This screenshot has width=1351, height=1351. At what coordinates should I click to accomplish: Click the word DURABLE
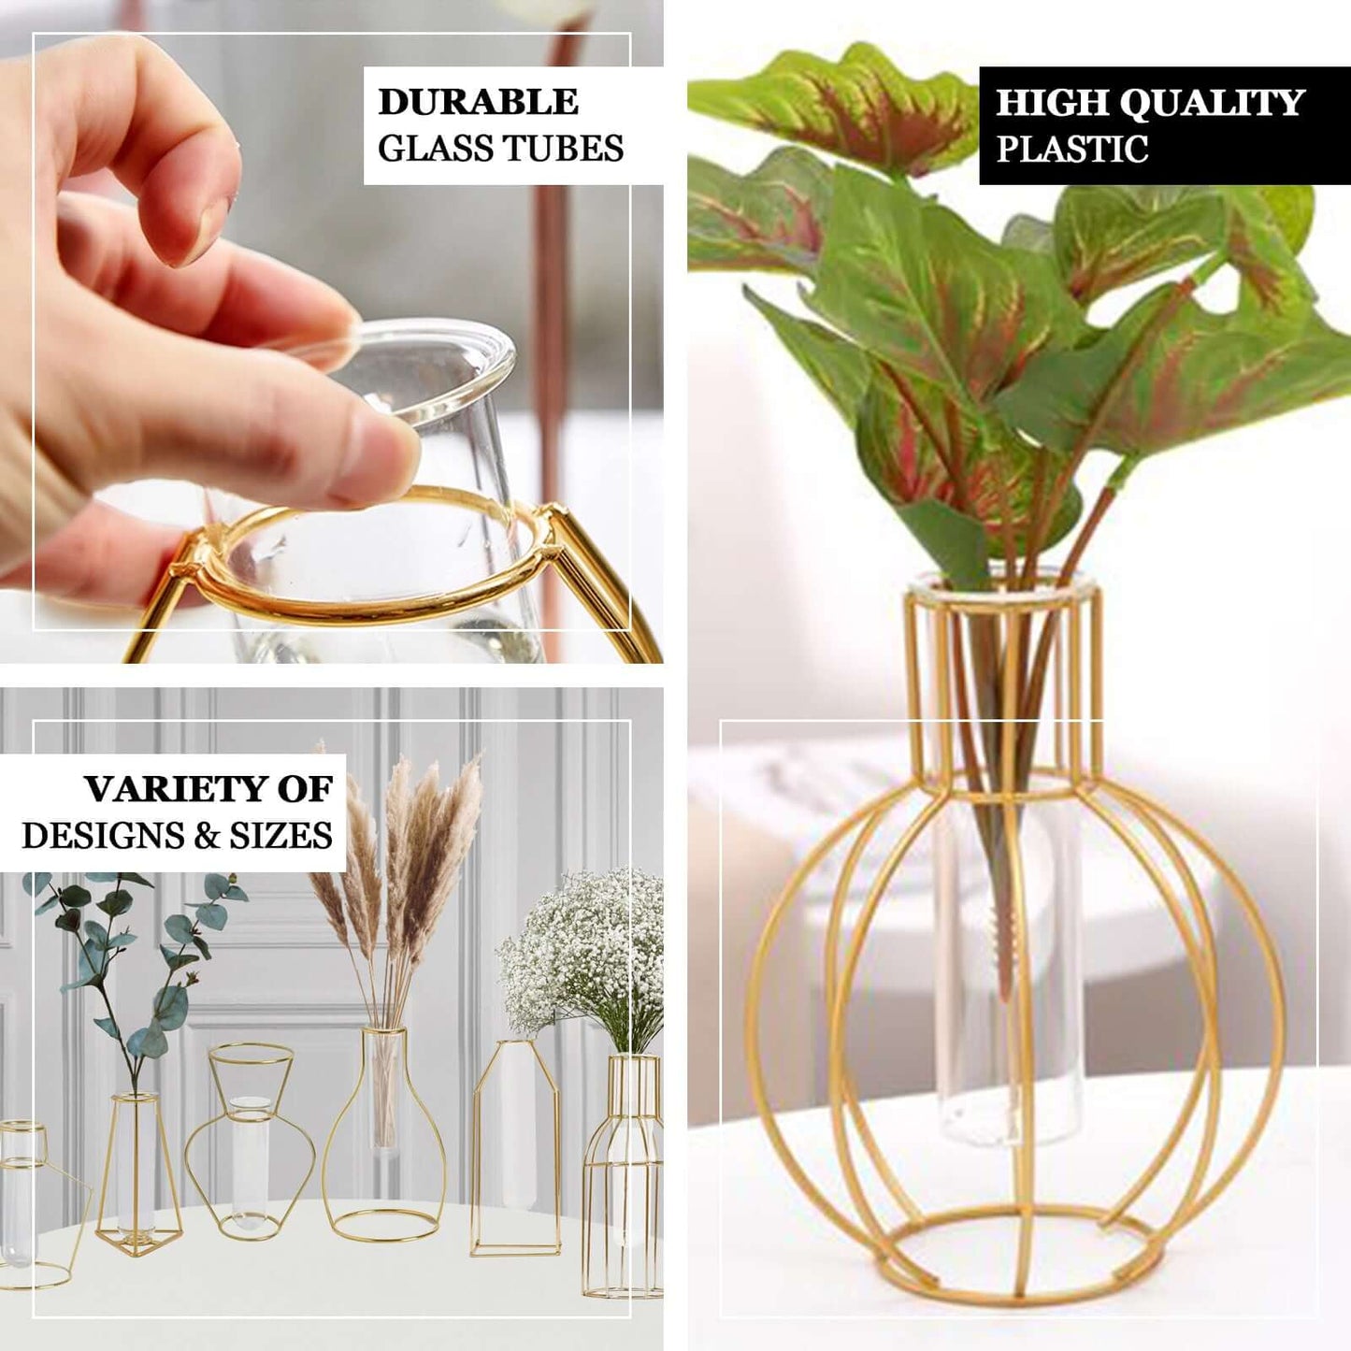[x=478, y=102]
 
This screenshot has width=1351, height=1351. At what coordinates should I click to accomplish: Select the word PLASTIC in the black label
[x=1071, y=149]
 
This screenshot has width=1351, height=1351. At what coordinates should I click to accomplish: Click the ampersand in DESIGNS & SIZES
[x=206, y=836]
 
